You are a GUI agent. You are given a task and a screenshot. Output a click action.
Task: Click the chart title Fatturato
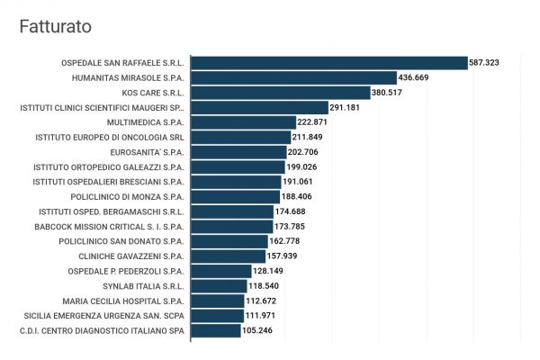click(55, 28)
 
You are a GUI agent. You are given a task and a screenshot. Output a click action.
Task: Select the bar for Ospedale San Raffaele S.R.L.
click(329, 63)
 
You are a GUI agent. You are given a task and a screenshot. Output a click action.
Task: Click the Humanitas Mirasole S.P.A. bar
click(294, 78)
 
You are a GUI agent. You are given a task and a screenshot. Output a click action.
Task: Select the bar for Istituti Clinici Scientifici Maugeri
click(259, 107)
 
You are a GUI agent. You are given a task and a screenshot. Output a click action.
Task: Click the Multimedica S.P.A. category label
click(145, 122)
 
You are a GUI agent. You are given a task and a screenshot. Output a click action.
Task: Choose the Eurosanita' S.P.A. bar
click(238, 152)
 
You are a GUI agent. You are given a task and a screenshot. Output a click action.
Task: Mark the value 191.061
click(303, 182)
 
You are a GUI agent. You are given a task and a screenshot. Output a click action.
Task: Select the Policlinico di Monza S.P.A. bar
click(235, 196)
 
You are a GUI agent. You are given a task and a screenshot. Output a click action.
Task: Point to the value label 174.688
click(296, 211)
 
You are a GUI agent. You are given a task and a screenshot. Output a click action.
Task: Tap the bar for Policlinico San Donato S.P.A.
click(229, 241)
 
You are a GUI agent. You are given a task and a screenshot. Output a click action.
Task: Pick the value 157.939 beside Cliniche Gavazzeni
click(288, 256)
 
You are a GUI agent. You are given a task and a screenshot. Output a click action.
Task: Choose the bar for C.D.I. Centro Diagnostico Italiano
click(216, 330)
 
